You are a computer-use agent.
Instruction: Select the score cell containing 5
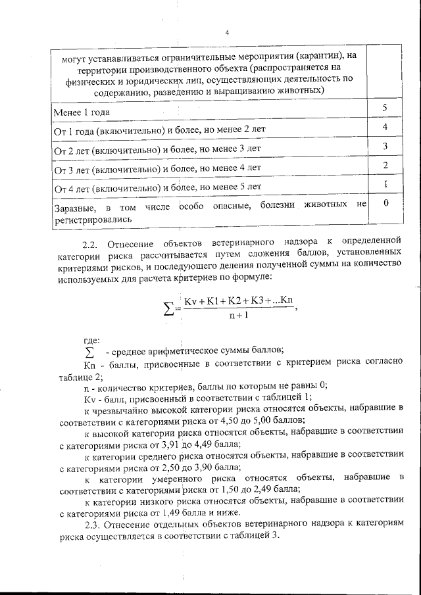click(x=384, y=107)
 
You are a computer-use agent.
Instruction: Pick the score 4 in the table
click(x=384, y=126)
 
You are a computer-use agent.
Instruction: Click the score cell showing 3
click(x=384, y=145)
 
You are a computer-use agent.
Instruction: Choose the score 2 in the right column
click(x=384, y=164)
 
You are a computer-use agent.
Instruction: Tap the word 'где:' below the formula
click(x=92, y=340)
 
